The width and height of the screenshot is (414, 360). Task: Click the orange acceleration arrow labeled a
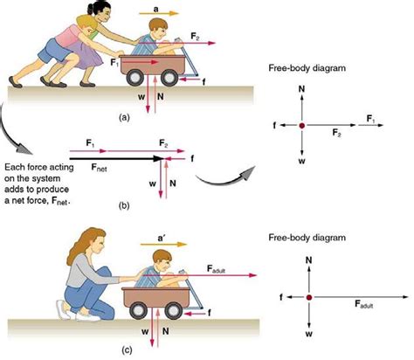159,13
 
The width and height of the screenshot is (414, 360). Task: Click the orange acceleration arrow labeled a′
163,244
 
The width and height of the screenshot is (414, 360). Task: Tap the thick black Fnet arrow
116,158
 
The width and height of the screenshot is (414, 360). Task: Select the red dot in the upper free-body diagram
302,125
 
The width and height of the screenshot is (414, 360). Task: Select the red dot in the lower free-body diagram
309,297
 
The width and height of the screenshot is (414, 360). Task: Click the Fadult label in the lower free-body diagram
364,304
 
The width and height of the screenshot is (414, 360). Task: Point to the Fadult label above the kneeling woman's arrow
217,268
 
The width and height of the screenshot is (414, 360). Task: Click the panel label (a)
124,117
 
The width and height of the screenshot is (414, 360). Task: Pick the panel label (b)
124,205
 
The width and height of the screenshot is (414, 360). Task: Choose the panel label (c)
127,350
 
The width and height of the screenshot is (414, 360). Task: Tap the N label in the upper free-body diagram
301,89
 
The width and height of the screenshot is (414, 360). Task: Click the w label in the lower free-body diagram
309,334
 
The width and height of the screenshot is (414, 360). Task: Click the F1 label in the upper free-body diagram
370,119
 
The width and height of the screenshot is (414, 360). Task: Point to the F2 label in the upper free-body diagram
337,133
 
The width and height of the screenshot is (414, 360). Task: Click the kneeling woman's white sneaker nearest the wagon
88,316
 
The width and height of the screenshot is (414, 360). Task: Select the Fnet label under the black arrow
99,167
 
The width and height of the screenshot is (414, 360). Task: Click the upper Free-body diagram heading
307,68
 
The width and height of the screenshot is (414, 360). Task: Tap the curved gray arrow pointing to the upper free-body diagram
225,178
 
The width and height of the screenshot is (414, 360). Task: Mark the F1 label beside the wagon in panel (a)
114,62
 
